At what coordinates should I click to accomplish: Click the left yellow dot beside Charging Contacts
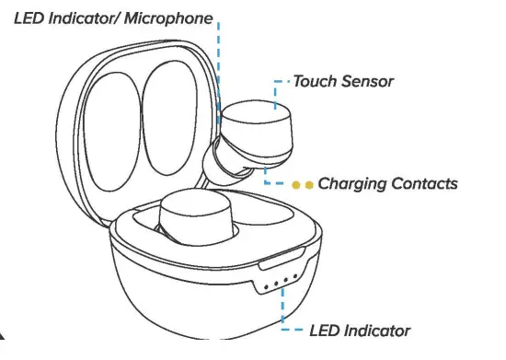(296, 184)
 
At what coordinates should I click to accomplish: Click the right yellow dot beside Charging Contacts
(309, 184)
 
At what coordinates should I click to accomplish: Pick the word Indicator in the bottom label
(377, 331)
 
